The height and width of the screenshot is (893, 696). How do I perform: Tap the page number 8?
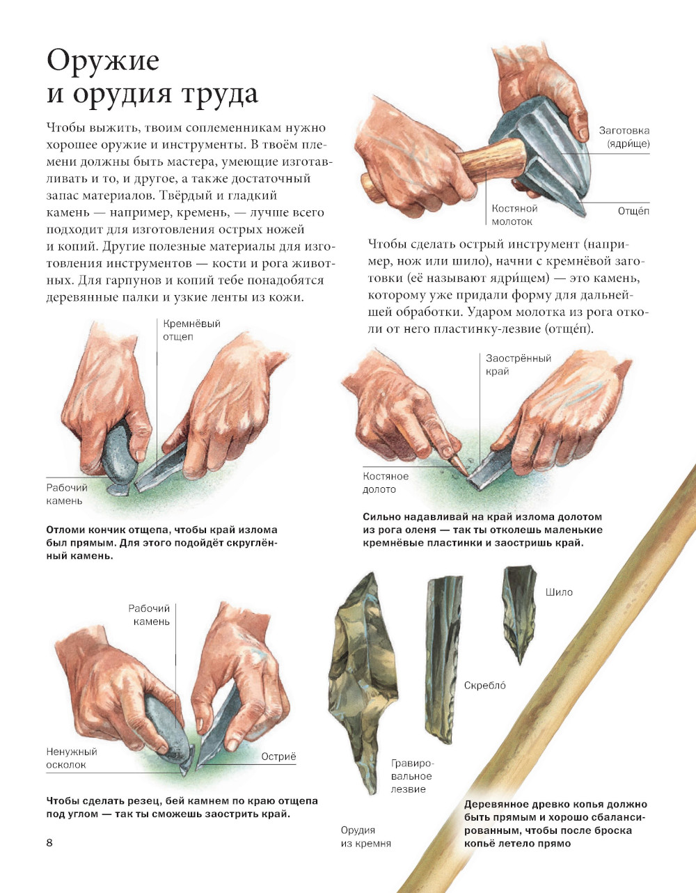click(x=49, y=843)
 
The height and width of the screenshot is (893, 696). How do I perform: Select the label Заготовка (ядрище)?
click(x=624, y=137)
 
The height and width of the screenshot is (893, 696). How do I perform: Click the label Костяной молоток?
click(x=515, y=215)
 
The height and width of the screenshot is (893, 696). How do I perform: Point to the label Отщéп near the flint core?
click(x=633, y=211)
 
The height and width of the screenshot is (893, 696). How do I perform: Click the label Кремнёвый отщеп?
click(x=191, y=330)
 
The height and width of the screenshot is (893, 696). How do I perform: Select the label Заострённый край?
click(x=518, y=365)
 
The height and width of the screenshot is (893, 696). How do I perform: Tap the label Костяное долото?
click(x=386, y=482)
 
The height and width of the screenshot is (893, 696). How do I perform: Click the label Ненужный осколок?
click(x=72, y=758)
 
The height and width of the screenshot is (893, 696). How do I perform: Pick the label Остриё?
click(x=278, y=757)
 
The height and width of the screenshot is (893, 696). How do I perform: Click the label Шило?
click(x=559, y=592)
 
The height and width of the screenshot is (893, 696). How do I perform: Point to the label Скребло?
click(x=485, y=685)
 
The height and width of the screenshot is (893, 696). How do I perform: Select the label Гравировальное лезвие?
click(x=412, y=776)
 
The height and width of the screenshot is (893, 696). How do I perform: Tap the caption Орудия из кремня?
click(x=365, y=837)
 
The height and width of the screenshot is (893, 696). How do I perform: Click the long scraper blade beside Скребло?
click(x=443, y=658)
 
